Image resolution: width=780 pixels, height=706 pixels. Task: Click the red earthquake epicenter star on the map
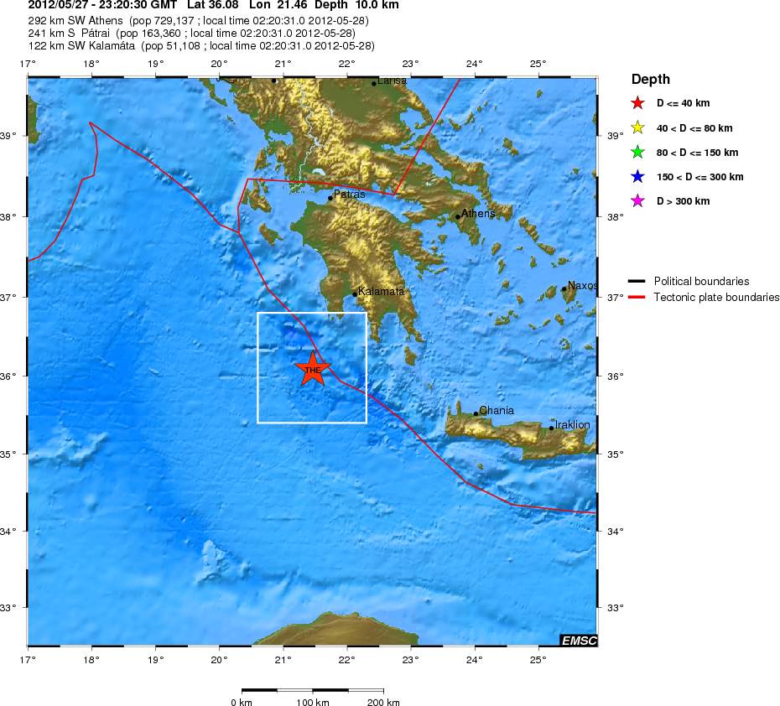pyautogui.click(x=313, y=369)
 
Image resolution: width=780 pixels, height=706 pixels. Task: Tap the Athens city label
pyautogui.click(x=478, y=214)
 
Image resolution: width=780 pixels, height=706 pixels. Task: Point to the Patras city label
pyautogui.click(x=349, y=195)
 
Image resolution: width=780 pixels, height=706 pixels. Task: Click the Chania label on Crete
pyautogui.click(x=496, y=411)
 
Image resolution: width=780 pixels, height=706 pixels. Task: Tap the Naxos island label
pyautogui.click(x=582, y=286)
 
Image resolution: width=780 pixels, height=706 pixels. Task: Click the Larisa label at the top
pyautogui.click(x=393, y=80)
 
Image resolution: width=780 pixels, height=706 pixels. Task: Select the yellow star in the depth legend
pyautogui.click(x=637, y=128)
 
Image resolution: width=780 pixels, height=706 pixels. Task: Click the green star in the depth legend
pyautogui.click(x=637, y=153)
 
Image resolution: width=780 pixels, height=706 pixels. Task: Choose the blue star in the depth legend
pyautogui.click(x=637, y=177)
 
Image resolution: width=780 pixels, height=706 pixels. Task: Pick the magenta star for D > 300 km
pyautogui.click(x=637, y=201)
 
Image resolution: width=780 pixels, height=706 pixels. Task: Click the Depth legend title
pyautogui.click(x=651, y=80)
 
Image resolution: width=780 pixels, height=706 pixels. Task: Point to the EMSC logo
pyautogui.click(x=579, y=641)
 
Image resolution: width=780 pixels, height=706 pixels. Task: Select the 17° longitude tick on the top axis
pyautogui.click(x=28, y=64)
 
